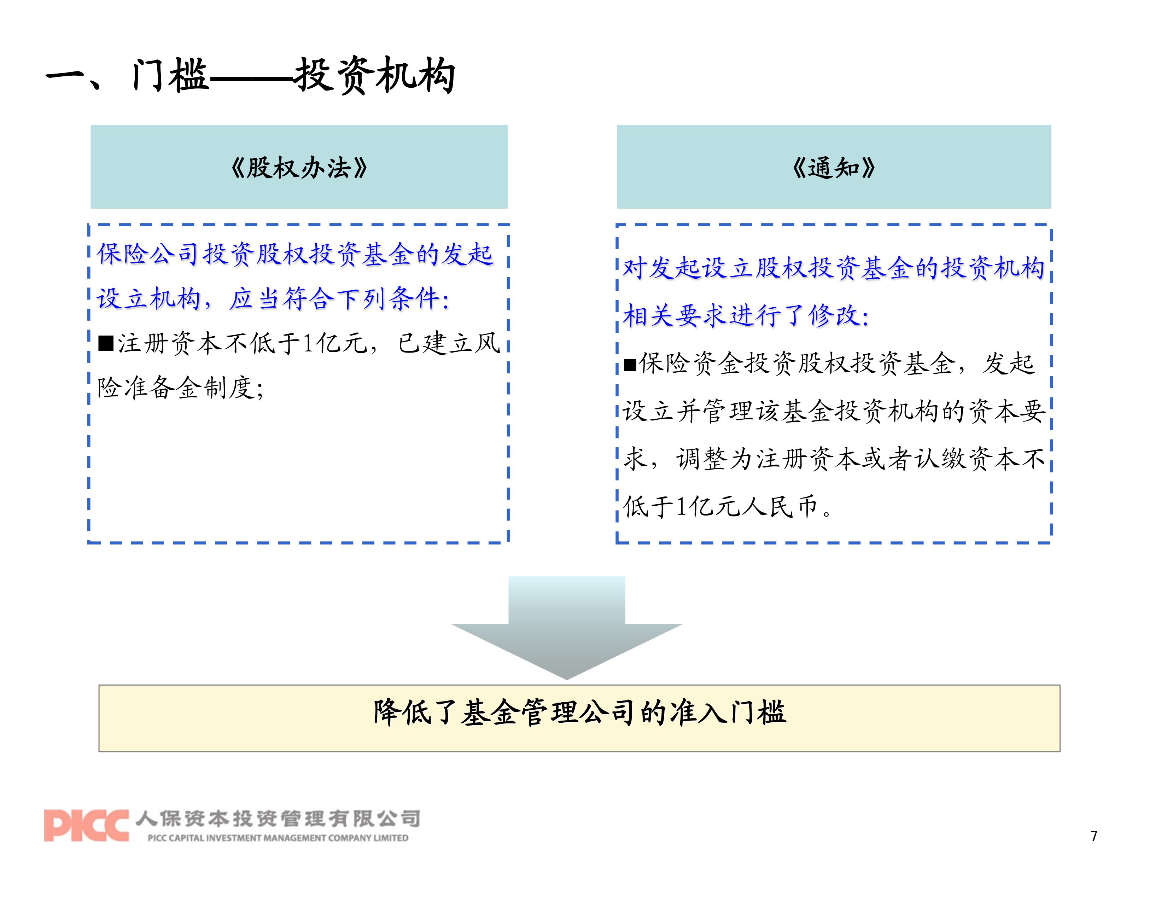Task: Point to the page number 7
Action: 1094,836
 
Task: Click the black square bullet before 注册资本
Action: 106,343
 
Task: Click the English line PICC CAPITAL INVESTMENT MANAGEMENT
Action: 278,838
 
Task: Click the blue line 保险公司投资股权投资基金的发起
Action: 295,254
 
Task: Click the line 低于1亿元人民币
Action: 727,506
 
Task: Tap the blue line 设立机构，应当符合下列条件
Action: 273,298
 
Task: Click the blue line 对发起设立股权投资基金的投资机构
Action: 834,268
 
